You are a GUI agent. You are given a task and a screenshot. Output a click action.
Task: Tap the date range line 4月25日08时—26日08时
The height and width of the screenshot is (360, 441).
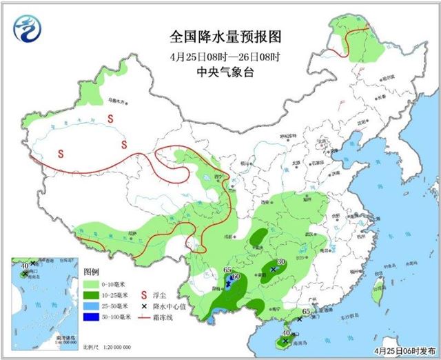point(220,56)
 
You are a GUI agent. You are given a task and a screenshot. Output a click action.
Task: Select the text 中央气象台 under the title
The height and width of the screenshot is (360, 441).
point(220,72)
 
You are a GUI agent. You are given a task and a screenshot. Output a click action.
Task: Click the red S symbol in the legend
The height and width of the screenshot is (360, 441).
point(145,283)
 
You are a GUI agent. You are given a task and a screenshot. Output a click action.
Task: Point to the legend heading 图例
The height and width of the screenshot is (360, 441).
point(92,272)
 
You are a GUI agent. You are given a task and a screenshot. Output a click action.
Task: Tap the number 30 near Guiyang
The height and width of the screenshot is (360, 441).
point(280,262)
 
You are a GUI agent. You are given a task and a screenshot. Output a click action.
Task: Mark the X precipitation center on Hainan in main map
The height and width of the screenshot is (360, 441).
point(285,340)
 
